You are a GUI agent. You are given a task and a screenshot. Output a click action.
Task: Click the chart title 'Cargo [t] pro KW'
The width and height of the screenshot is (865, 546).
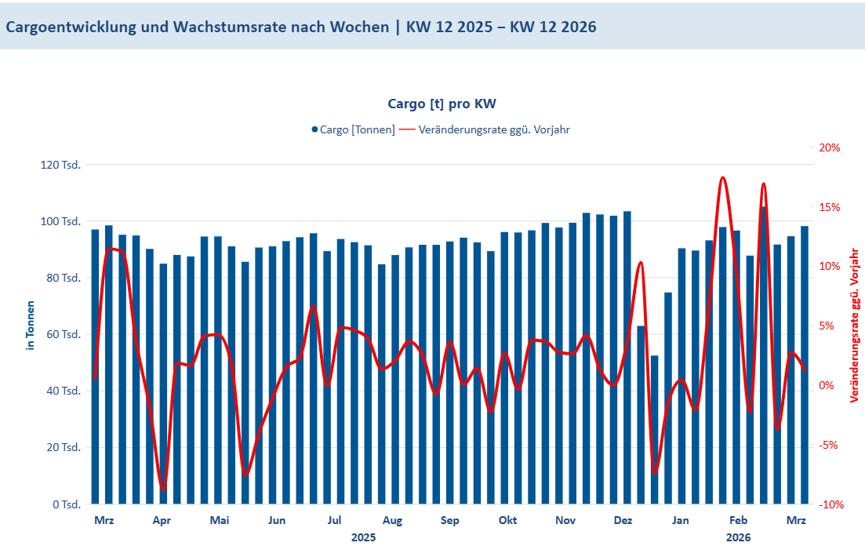click(x=442, y=104)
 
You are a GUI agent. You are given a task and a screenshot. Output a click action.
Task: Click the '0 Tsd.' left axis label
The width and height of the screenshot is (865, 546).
click(x=67, y=504)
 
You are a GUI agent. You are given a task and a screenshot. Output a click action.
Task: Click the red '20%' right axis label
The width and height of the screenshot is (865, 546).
click(x=830, y=147)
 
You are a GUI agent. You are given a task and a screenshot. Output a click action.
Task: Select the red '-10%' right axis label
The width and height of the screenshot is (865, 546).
click(x=828, y=504)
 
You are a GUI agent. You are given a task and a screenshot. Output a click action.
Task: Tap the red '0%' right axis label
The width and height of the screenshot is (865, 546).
click(x=832, y=385)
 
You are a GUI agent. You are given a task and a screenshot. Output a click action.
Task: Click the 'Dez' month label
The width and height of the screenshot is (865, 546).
click(x=623, y=520)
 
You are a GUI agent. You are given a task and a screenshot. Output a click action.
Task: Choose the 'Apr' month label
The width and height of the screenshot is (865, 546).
click(x=162, y=520)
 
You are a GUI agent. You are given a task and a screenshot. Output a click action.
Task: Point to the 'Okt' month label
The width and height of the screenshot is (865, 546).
click(x=507, y=520)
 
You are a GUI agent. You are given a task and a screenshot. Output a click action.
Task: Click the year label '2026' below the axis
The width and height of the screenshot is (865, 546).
click(x=738, y=537)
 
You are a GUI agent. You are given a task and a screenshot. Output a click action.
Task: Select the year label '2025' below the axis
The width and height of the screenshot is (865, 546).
click(x=363, y=537)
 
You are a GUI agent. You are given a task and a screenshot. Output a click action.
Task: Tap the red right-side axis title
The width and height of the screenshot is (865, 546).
click(x=854, y=325)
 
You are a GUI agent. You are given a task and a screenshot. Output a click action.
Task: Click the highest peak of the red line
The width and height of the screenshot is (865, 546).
click(x=722, y=178)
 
